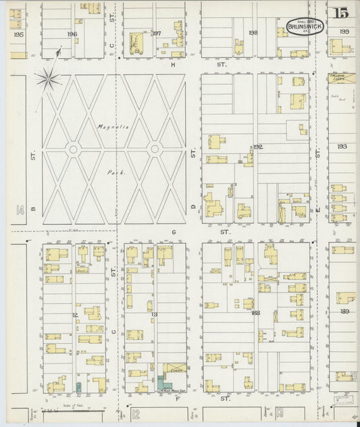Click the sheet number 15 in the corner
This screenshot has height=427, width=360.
[x=340, y=11]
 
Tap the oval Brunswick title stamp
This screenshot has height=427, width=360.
[x=304, y=26]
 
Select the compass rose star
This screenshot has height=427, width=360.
[x=48, y=78]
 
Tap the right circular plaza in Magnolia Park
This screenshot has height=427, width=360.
[x=155, y=149]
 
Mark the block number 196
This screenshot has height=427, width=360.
[x=72, y=34]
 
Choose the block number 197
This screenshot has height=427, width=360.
[x=156, y=33]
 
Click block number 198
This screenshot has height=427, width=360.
[x=253, y=32]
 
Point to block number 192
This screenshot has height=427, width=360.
[x=257, y=146]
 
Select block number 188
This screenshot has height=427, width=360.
[x=255, y=313]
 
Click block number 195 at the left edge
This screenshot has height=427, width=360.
[x=18, y=34]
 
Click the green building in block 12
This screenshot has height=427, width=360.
[x=78, y=388]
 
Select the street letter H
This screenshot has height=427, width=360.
[x=173, y=65]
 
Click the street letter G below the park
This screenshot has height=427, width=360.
[x=173, y=232]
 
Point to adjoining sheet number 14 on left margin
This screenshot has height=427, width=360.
[x=20, y=211]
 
